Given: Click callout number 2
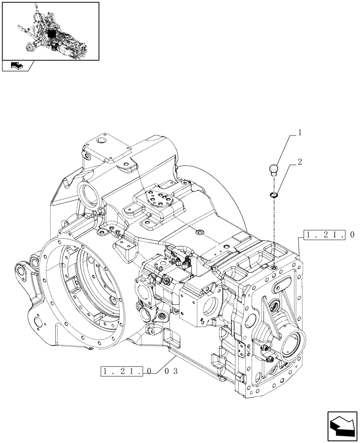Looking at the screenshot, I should click(301, 163).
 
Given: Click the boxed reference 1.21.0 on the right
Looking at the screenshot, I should click(329, 235).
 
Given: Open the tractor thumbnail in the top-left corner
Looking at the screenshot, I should click(50, 31).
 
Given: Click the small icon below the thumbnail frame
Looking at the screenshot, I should click(17, 66).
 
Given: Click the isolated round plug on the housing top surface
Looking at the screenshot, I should click(198, 232).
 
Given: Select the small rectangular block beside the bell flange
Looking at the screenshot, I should click(125, 250).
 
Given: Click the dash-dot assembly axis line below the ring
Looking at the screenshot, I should click(274, 230).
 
